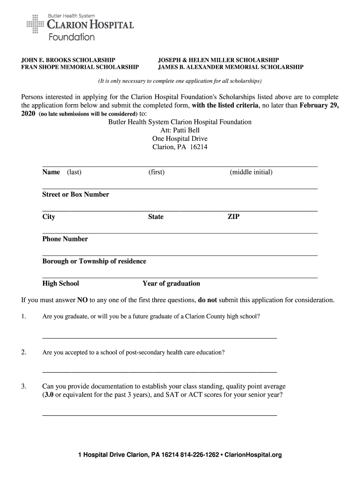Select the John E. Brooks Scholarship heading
[x=68, y=60]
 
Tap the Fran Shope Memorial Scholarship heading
[x=80, y=67]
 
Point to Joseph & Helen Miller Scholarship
[x=218, y=60]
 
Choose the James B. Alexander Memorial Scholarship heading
[x=230, y=67]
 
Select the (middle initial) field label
[x=251, y=172]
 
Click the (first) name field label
[x=156, y=172]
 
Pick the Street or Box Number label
[x=76, y=195]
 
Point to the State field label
[x=156, y=217]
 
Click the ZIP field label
[x=233, y=217]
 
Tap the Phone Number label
[x=65, y=239]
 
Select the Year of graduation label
[x=171, y=283]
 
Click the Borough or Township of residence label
[x=94, y=261]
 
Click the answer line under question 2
[x=159, y=372]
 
